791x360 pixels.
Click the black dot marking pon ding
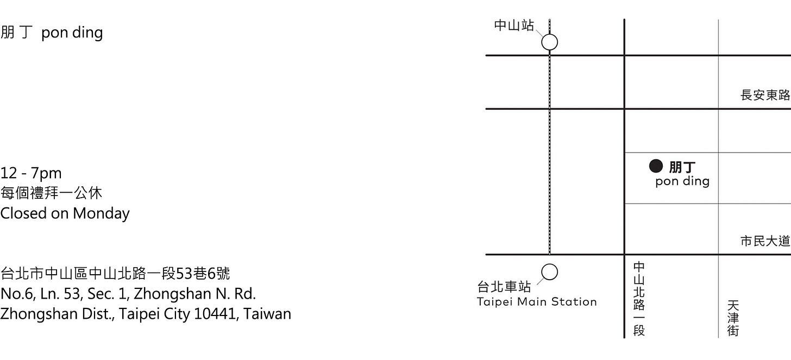point(656,166)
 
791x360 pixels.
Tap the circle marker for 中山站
point(550,42)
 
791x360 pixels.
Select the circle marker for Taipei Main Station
point(550,272)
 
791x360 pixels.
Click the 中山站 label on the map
point(514,26)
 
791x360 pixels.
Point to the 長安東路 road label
point(765,95)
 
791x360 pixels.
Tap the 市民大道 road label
point(765,241)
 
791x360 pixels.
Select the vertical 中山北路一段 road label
point(639,299)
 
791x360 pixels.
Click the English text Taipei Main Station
point(537,302)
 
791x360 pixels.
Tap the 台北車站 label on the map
point(504,286)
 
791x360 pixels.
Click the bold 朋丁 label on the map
point(682,167)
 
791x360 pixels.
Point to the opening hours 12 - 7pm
point(31,173)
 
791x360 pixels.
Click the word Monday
point(101,213)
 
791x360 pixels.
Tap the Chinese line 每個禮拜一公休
point(51,193)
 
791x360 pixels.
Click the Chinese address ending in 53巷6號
point(115,273)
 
